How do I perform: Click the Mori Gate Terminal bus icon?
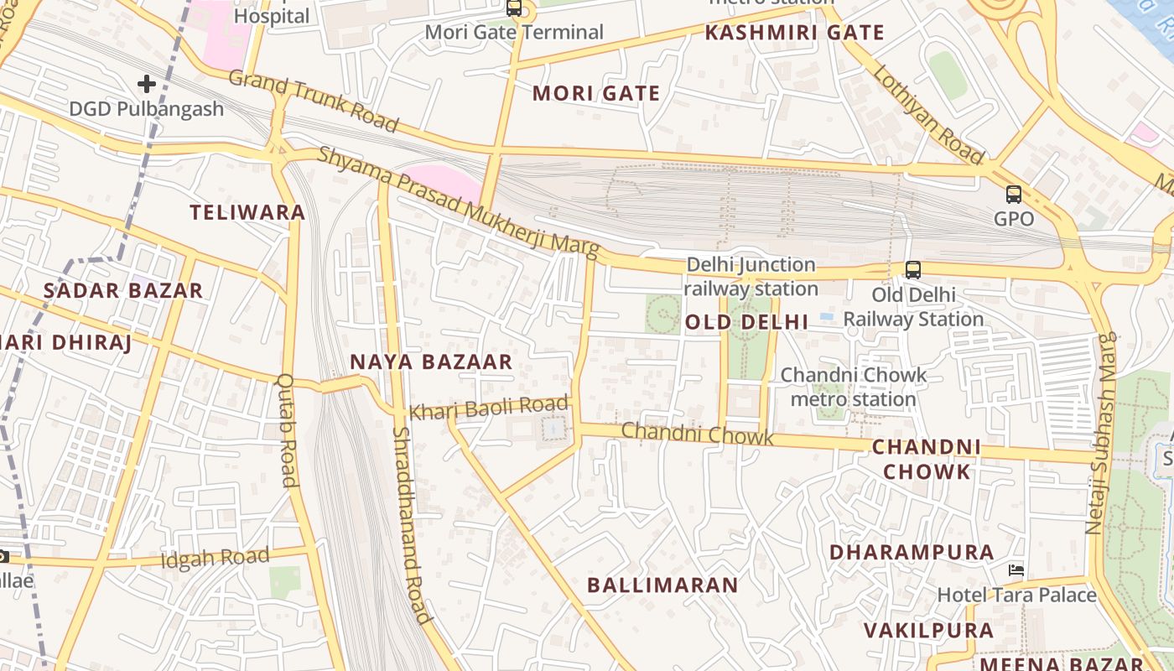[x=514, y=8]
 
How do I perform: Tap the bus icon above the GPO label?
[x=1013, y=195]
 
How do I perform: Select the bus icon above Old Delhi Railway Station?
[x=912, y=270]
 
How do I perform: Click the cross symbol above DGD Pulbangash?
[x=147, y=84]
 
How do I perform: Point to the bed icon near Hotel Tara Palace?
[x=1016, y=570]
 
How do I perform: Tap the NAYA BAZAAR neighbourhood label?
[x=430, y=362]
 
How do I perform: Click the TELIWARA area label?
[x=247, y=212]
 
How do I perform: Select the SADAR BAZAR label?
[x=123, y=291]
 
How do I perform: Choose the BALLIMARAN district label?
[x=662, y=585]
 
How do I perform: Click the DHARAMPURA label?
[x=912, y=552]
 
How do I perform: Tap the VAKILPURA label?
[x=928, y=630]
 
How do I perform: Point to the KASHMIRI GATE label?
[x=794, y=33]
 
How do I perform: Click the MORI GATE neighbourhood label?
[x=596, y=93]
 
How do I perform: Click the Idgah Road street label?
[x=215, y=558]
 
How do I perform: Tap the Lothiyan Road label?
[x=928, y=114]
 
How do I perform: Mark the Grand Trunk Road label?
[x=313, y=101]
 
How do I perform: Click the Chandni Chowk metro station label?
[x=854, y=387]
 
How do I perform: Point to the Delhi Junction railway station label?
[x=751, y=276]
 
